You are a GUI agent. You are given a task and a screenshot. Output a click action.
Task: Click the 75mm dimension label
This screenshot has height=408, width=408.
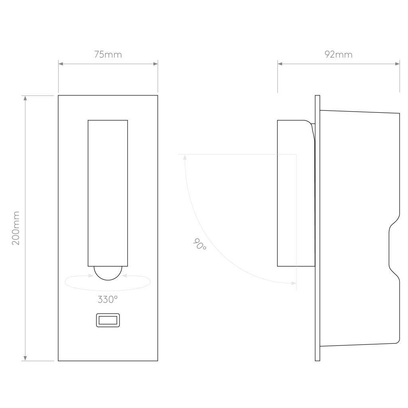108,55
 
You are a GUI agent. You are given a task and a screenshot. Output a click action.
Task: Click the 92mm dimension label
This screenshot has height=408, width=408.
339,54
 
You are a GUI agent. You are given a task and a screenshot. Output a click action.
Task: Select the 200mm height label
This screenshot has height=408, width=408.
16,228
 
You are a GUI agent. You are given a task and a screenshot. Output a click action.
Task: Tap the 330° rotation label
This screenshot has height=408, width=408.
108,300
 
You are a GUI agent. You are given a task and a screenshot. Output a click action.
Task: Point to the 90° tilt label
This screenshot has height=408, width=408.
200,244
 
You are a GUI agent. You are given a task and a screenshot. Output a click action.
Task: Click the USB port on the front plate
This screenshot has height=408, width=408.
108,320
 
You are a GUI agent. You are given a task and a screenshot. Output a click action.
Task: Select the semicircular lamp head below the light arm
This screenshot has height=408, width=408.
108,273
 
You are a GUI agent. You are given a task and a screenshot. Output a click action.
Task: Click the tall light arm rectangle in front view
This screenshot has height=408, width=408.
108,193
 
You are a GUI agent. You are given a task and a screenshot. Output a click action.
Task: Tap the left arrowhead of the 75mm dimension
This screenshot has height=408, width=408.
61,64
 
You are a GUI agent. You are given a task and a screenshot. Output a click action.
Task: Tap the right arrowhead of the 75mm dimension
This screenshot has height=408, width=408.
155,64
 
